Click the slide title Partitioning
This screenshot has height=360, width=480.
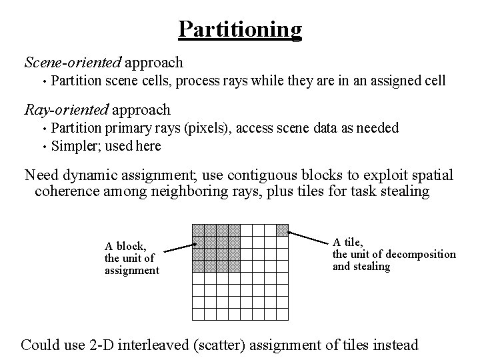pyautogui.click(x=240, y=29)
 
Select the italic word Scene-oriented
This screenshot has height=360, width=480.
pyautogui.click(x=73, y=63)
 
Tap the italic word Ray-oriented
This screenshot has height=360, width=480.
pyautogui.click(x=67, y=109)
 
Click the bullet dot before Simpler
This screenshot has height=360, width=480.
pyautogui.click(x=43, y=146)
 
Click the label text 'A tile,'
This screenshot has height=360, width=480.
pyautogui.click(x=347, y=242)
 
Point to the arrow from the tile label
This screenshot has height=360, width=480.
pyautogui.click(x=309, y=236)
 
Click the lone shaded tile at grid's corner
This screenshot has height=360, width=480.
pyautogui.click(x=282, y=230)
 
